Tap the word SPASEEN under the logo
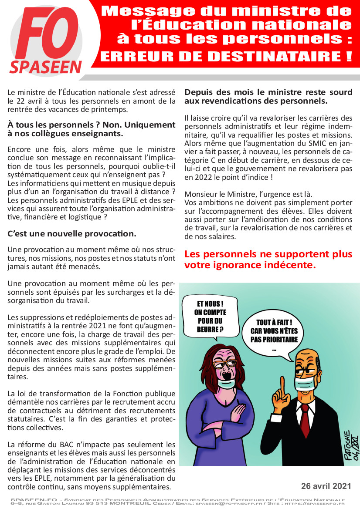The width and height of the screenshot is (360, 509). pos(46,67)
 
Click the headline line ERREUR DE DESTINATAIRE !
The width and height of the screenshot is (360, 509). pos(226,56)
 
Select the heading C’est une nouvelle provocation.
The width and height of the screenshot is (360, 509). pos(72,233)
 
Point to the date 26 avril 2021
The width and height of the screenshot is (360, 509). pos(326,485)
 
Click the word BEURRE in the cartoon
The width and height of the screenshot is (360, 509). pos(204,329)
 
